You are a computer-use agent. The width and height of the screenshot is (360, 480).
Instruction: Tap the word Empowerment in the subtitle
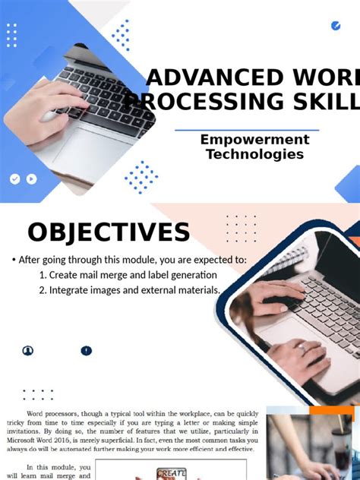[254, 140]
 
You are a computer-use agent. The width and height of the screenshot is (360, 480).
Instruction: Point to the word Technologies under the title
[254, 154]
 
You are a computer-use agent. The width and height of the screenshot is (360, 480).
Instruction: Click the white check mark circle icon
[14, 179]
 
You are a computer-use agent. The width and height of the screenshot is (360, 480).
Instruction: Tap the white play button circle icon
[31, 179]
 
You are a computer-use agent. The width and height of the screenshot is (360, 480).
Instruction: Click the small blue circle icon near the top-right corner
[336, 26]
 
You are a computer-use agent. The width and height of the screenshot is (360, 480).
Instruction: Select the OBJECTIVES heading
[109, 232]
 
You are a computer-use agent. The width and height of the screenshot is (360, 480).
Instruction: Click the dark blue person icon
[28, 350]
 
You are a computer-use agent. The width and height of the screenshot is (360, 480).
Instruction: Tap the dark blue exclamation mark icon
[86, 350]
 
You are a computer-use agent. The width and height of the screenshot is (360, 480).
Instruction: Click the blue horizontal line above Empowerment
[247, 130]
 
